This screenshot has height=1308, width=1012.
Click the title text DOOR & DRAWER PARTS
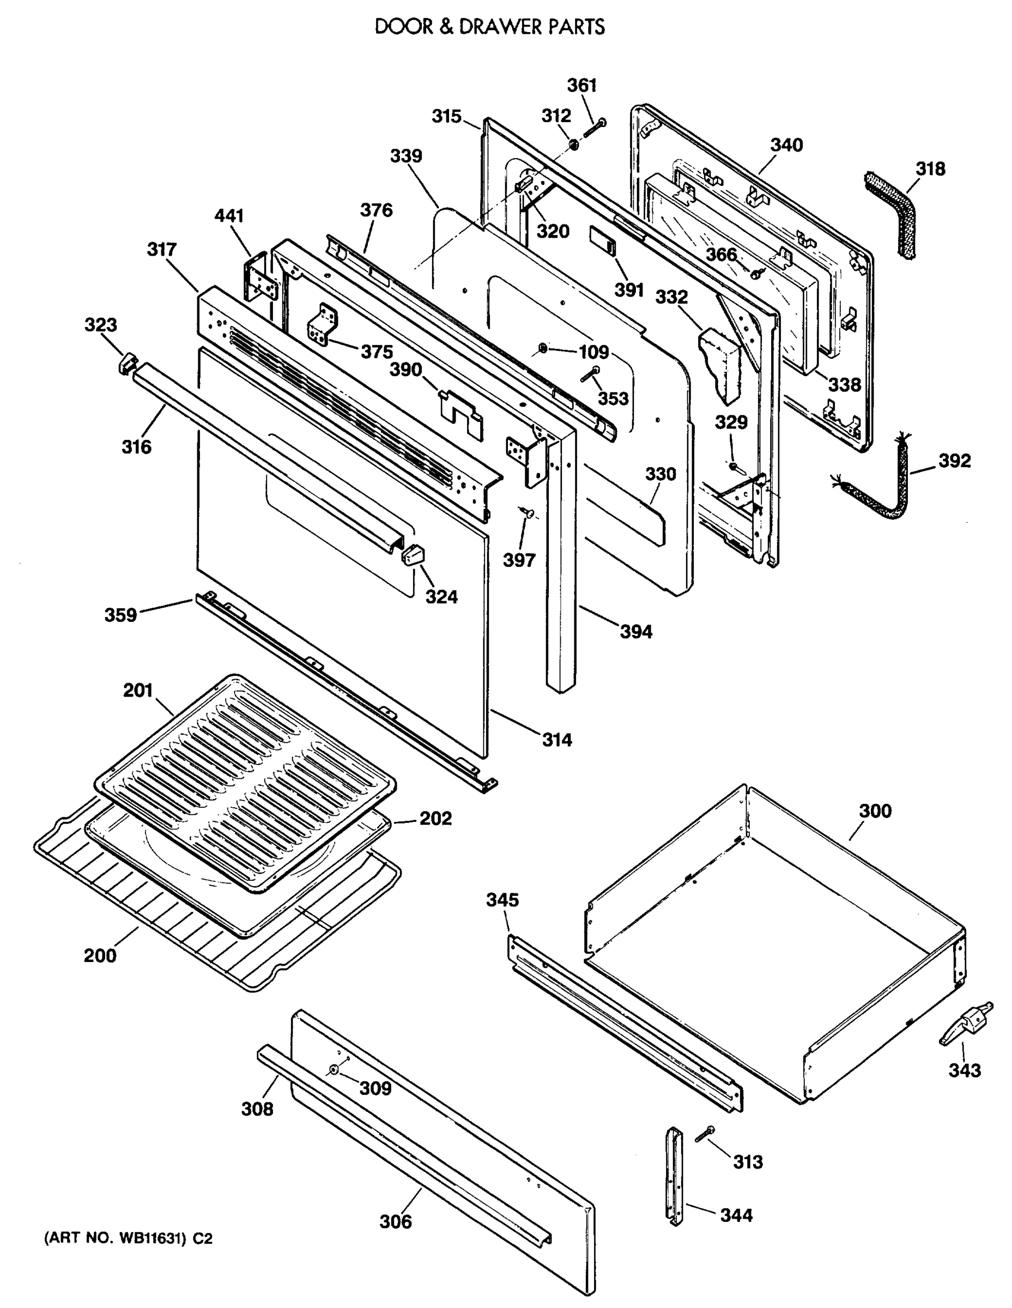(x=489, y=27)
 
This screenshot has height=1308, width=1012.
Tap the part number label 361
(x=582, y=85)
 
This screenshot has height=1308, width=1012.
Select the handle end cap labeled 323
(x=128, y=363)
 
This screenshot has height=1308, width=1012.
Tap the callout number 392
(x=954, y=461)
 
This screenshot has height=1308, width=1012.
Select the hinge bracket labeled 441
(x=262, y=278)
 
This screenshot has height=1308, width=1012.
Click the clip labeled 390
(x=460, y=413)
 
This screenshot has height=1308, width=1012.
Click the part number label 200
(x=100, y=955)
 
